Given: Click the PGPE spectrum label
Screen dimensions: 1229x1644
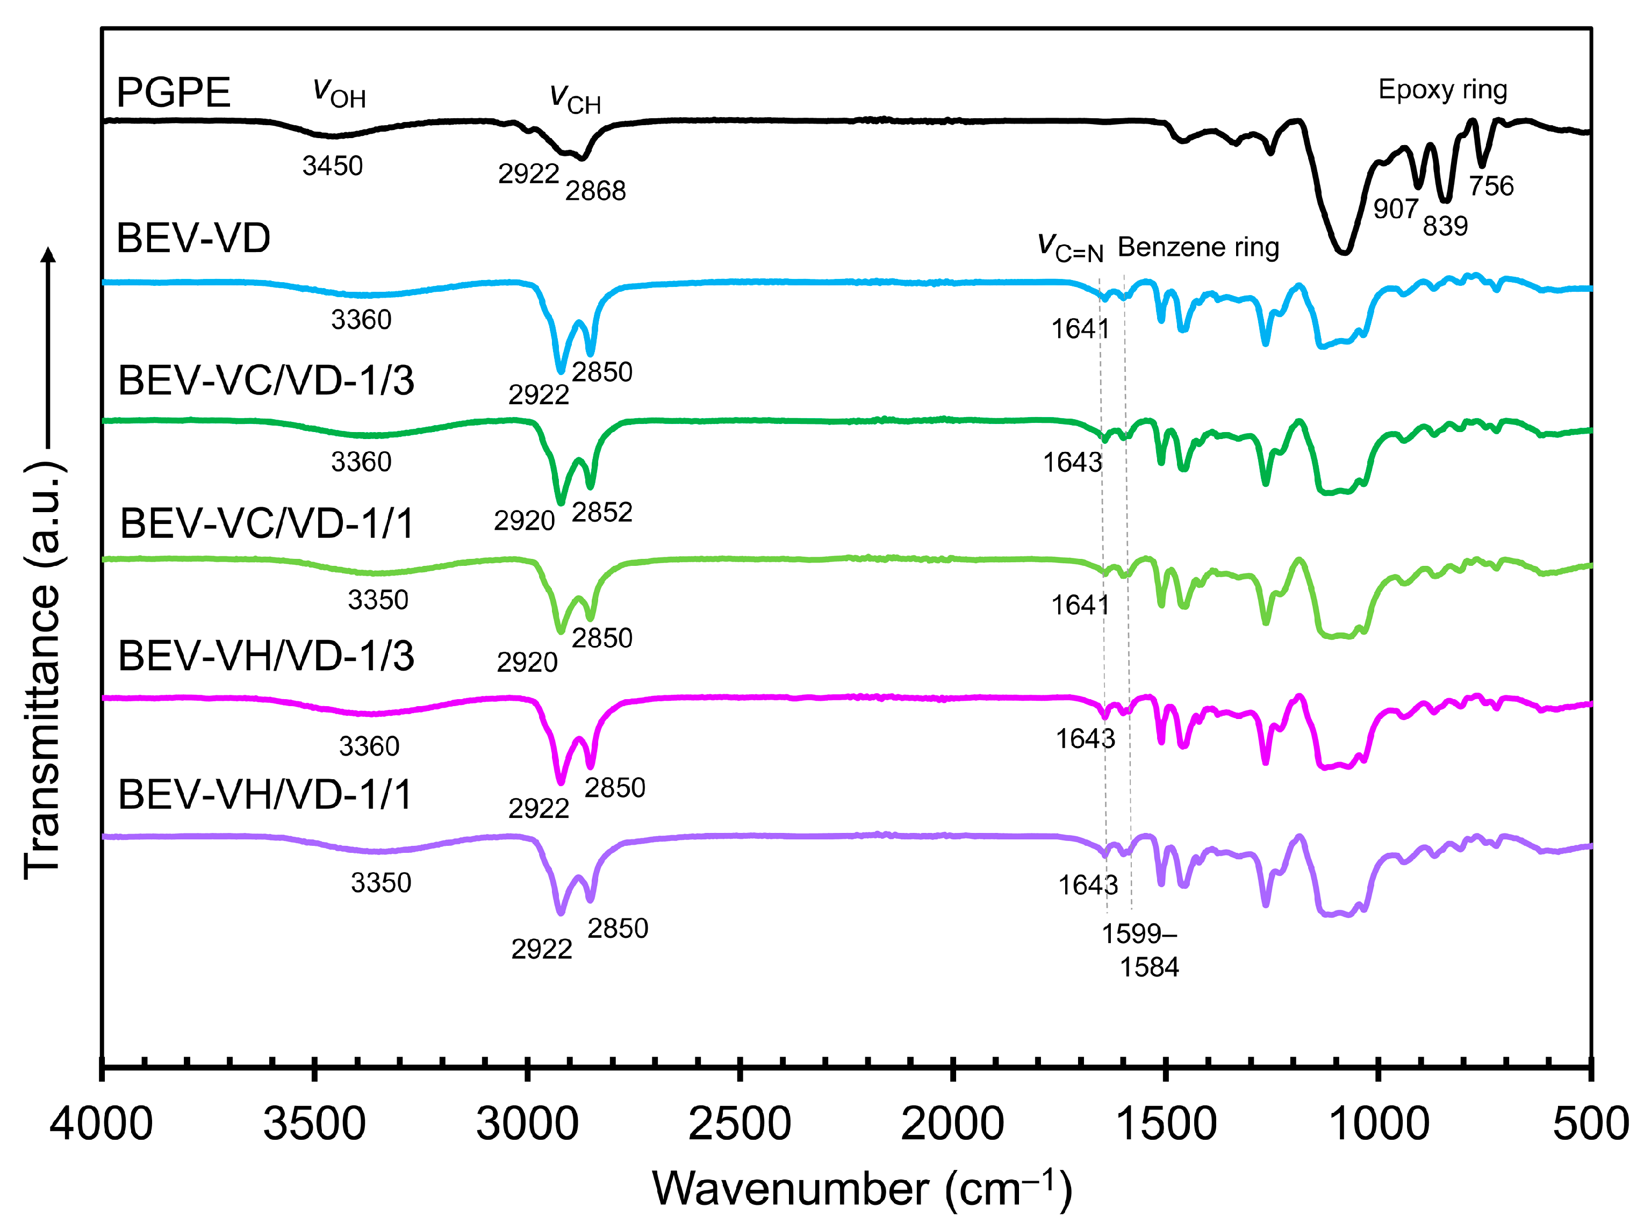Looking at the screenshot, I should pyautogui.click(x=173, y=93).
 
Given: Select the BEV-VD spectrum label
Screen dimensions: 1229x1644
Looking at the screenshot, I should pyautogui.click(x=193, y=239).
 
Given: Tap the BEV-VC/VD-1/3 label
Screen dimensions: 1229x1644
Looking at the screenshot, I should pyautogui.click(x=265, y=380).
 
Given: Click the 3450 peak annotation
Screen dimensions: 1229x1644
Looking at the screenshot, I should pyautogui.click(x=332, y=166).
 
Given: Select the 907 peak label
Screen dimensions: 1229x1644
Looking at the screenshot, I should pyautogui.click(x=1395, y=209).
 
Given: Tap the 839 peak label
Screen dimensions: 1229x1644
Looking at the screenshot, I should pyautogui.click(x=1445, y=225).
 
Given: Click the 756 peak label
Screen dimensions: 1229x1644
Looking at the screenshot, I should pyautogui.click(x=1490, y=185).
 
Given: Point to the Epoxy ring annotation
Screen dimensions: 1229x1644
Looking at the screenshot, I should pyautogui.click(x=1442, y=89).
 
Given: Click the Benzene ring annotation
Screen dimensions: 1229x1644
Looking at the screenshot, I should pyautogui.click(x=1198, y=247).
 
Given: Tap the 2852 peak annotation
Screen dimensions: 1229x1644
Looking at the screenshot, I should pyautogui.click(x=601, y=512).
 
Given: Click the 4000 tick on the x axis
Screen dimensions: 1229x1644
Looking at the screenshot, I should pyautogui.click(x=102, y=1124).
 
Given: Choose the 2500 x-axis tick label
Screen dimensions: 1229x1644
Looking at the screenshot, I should pyautogui.click(x=739, y=1124).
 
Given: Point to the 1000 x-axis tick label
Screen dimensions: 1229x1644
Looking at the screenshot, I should pyautogui.click(x=1378, y=1124).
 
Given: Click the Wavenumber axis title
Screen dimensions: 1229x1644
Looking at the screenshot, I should pyautogui.click(x=862, y=1189).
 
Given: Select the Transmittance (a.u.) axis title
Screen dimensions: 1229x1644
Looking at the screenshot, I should pyautogui.click(x=42, y=669).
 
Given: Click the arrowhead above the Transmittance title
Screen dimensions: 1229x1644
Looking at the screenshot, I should pyautogui.click(x=48, y=254).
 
